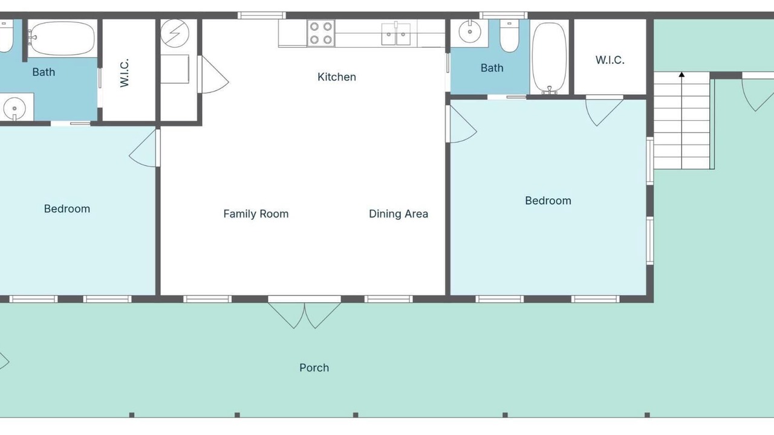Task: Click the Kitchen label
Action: point(337,77)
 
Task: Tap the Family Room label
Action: point(256,214)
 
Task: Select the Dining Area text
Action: point(398,214)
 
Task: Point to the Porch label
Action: point(314,368)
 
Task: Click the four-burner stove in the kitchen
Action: point(321,33)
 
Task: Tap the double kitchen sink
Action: point(396,33)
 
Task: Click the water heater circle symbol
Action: point(175,33)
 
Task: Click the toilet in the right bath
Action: point(509,36)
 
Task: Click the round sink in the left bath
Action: point(14,108)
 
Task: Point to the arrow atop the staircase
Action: point(681,74)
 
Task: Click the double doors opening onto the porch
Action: point(304,312)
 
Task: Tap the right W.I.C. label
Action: point(610,60)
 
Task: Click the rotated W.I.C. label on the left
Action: point(124,72)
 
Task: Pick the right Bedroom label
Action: point(548,201)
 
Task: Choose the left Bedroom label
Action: point(67,208)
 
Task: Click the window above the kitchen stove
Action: point(262,15)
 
